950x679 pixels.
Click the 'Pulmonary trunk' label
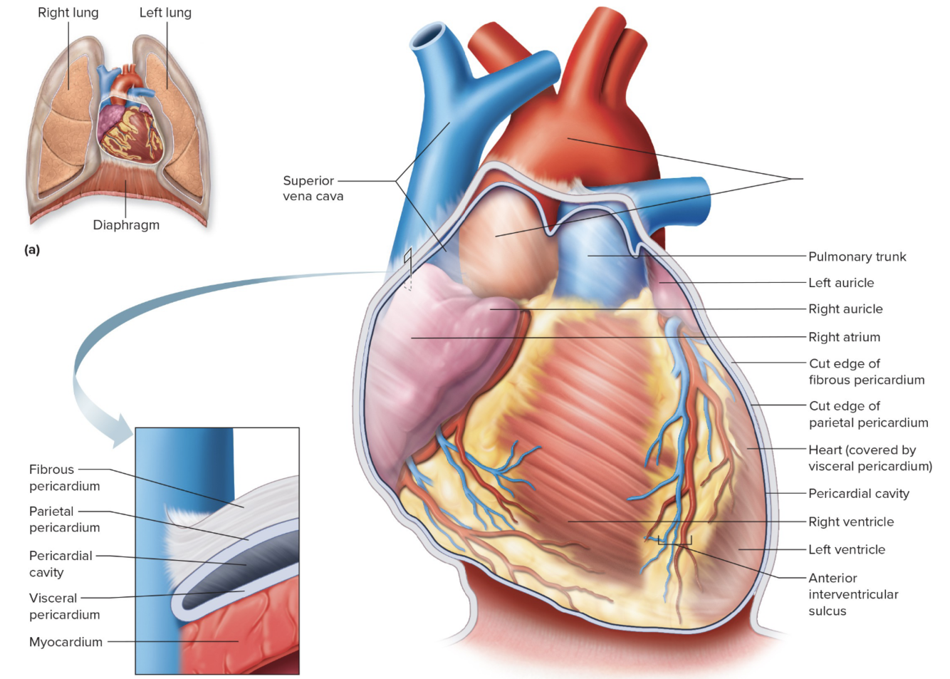coord(857,256)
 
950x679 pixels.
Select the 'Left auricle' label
coord(841,283)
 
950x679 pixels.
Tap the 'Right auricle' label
coord(845,309)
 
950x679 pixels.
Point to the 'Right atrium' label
coord(844,337)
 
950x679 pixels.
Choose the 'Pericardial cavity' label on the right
coord(858,494)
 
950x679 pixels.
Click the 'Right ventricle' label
coord(851,522)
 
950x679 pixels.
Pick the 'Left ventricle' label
coord(847,549)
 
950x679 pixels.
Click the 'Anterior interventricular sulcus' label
coord(852,594)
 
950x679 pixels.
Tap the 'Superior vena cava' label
coord(313,188)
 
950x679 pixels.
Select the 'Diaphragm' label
coord(126,225)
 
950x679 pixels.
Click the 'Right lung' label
coord(68,13)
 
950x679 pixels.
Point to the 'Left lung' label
coord(165,13)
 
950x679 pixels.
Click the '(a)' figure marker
coord(32,249)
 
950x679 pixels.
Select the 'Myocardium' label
coord(66,642)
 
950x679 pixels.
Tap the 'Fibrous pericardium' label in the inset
coord(64,477)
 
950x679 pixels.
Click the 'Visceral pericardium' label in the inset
coord(64,606)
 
